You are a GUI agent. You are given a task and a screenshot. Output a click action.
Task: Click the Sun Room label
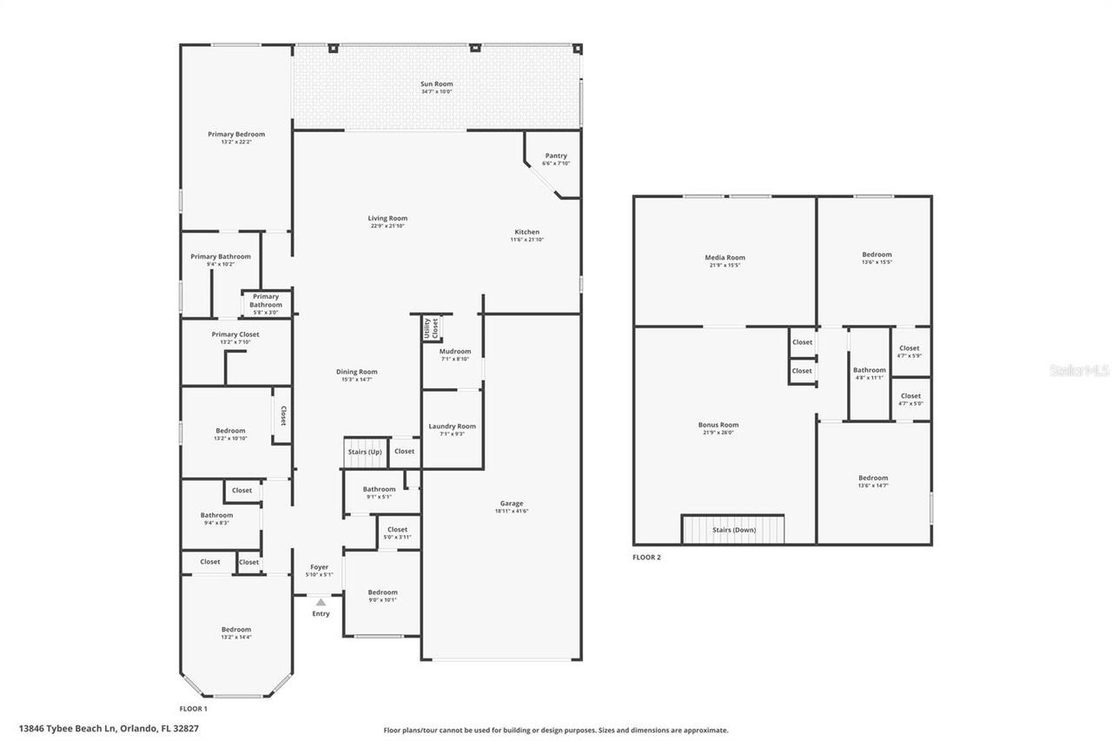[436, 84]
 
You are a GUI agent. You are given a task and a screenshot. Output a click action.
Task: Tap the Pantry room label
[555, 155]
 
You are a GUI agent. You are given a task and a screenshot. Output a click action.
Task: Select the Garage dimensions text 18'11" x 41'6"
[512, 511]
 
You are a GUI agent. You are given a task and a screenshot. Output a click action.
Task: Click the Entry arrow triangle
[321, 602]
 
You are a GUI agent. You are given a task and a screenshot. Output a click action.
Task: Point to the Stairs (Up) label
[364, 452]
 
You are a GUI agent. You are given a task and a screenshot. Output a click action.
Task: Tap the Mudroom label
[454, 351]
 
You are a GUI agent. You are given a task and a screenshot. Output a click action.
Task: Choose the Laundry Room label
[452, 426]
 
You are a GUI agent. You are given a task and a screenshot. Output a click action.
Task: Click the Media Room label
[724, 257]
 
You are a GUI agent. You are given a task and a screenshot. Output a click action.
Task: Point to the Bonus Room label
[718, 425]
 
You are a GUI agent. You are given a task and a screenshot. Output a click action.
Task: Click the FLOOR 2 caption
[646, 557]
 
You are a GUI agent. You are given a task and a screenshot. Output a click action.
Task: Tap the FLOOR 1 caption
[194, 709]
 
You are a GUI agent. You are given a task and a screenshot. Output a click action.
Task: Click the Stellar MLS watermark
[1079, 370]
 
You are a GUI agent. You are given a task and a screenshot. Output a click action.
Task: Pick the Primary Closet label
[235, 334]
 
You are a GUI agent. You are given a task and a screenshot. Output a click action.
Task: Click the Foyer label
[319, 566]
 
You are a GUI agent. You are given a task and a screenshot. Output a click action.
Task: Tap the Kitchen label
[526, 232]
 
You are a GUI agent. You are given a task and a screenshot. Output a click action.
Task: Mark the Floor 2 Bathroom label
[869, 370]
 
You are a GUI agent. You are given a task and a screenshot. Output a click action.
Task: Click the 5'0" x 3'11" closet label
[397, 537]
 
